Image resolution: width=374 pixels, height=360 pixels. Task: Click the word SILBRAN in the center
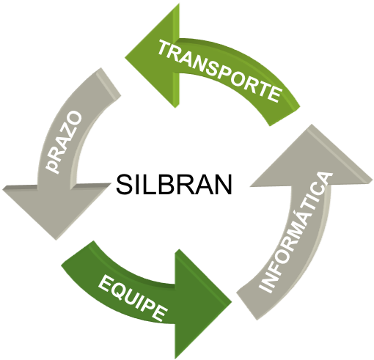174,184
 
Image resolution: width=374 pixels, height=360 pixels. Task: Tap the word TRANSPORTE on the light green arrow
219,71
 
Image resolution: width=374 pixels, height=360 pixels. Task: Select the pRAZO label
64,142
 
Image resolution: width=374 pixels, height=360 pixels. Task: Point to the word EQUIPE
133,298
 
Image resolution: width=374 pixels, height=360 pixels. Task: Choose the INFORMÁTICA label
296,232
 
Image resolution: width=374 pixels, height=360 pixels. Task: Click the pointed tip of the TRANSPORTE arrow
125,58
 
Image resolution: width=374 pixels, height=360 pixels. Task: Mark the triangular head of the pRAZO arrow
56,210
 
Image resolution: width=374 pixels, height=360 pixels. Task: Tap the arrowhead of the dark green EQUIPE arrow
203,304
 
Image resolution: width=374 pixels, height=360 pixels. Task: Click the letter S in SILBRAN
124,184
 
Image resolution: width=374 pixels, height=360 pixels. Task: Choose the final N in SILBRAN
224,184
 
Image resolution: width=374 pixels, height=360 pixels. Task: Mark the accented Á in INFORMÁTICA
302,219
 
